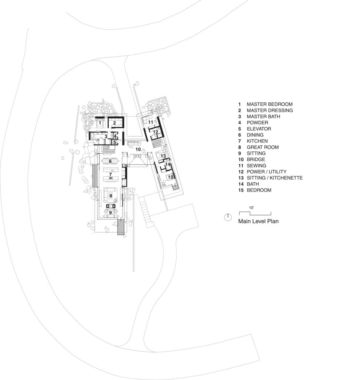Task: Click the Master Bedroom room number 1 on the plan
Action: [100, 123]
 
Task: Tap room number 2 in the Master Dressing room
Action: [114, 123]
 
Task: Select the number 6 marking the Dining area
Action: [110, 161]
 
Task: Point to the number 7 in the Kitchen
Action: [110, 174]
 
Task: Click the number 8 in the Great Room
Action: [111, 196]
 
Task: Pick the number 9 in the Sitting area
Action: [111, 213]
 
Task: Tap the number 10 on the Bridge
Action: [138, 149]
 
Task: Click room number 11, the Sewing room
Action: [151, 122]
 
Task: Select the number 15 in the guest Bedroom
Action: [170, 177]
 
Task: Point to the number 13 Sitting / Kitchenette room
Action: [163, 156]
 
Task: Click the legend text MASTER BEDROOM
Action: [269, 104]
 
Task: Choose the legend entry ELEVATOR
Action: [259, 129]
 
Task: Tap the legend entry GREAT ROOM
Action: [262, 147]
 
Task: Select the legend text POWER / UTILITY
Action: [266, 171]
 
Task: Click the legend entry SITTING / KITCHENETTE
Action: [275, 178]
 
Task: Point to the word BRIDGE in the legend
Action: [256, 160]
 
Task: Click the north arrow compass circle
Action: [228, 217]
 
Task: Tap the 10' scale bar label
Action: [251, 208]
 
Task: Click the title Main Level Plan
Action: [258, 221]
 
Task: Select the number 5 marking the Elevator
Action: [115, 142]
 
